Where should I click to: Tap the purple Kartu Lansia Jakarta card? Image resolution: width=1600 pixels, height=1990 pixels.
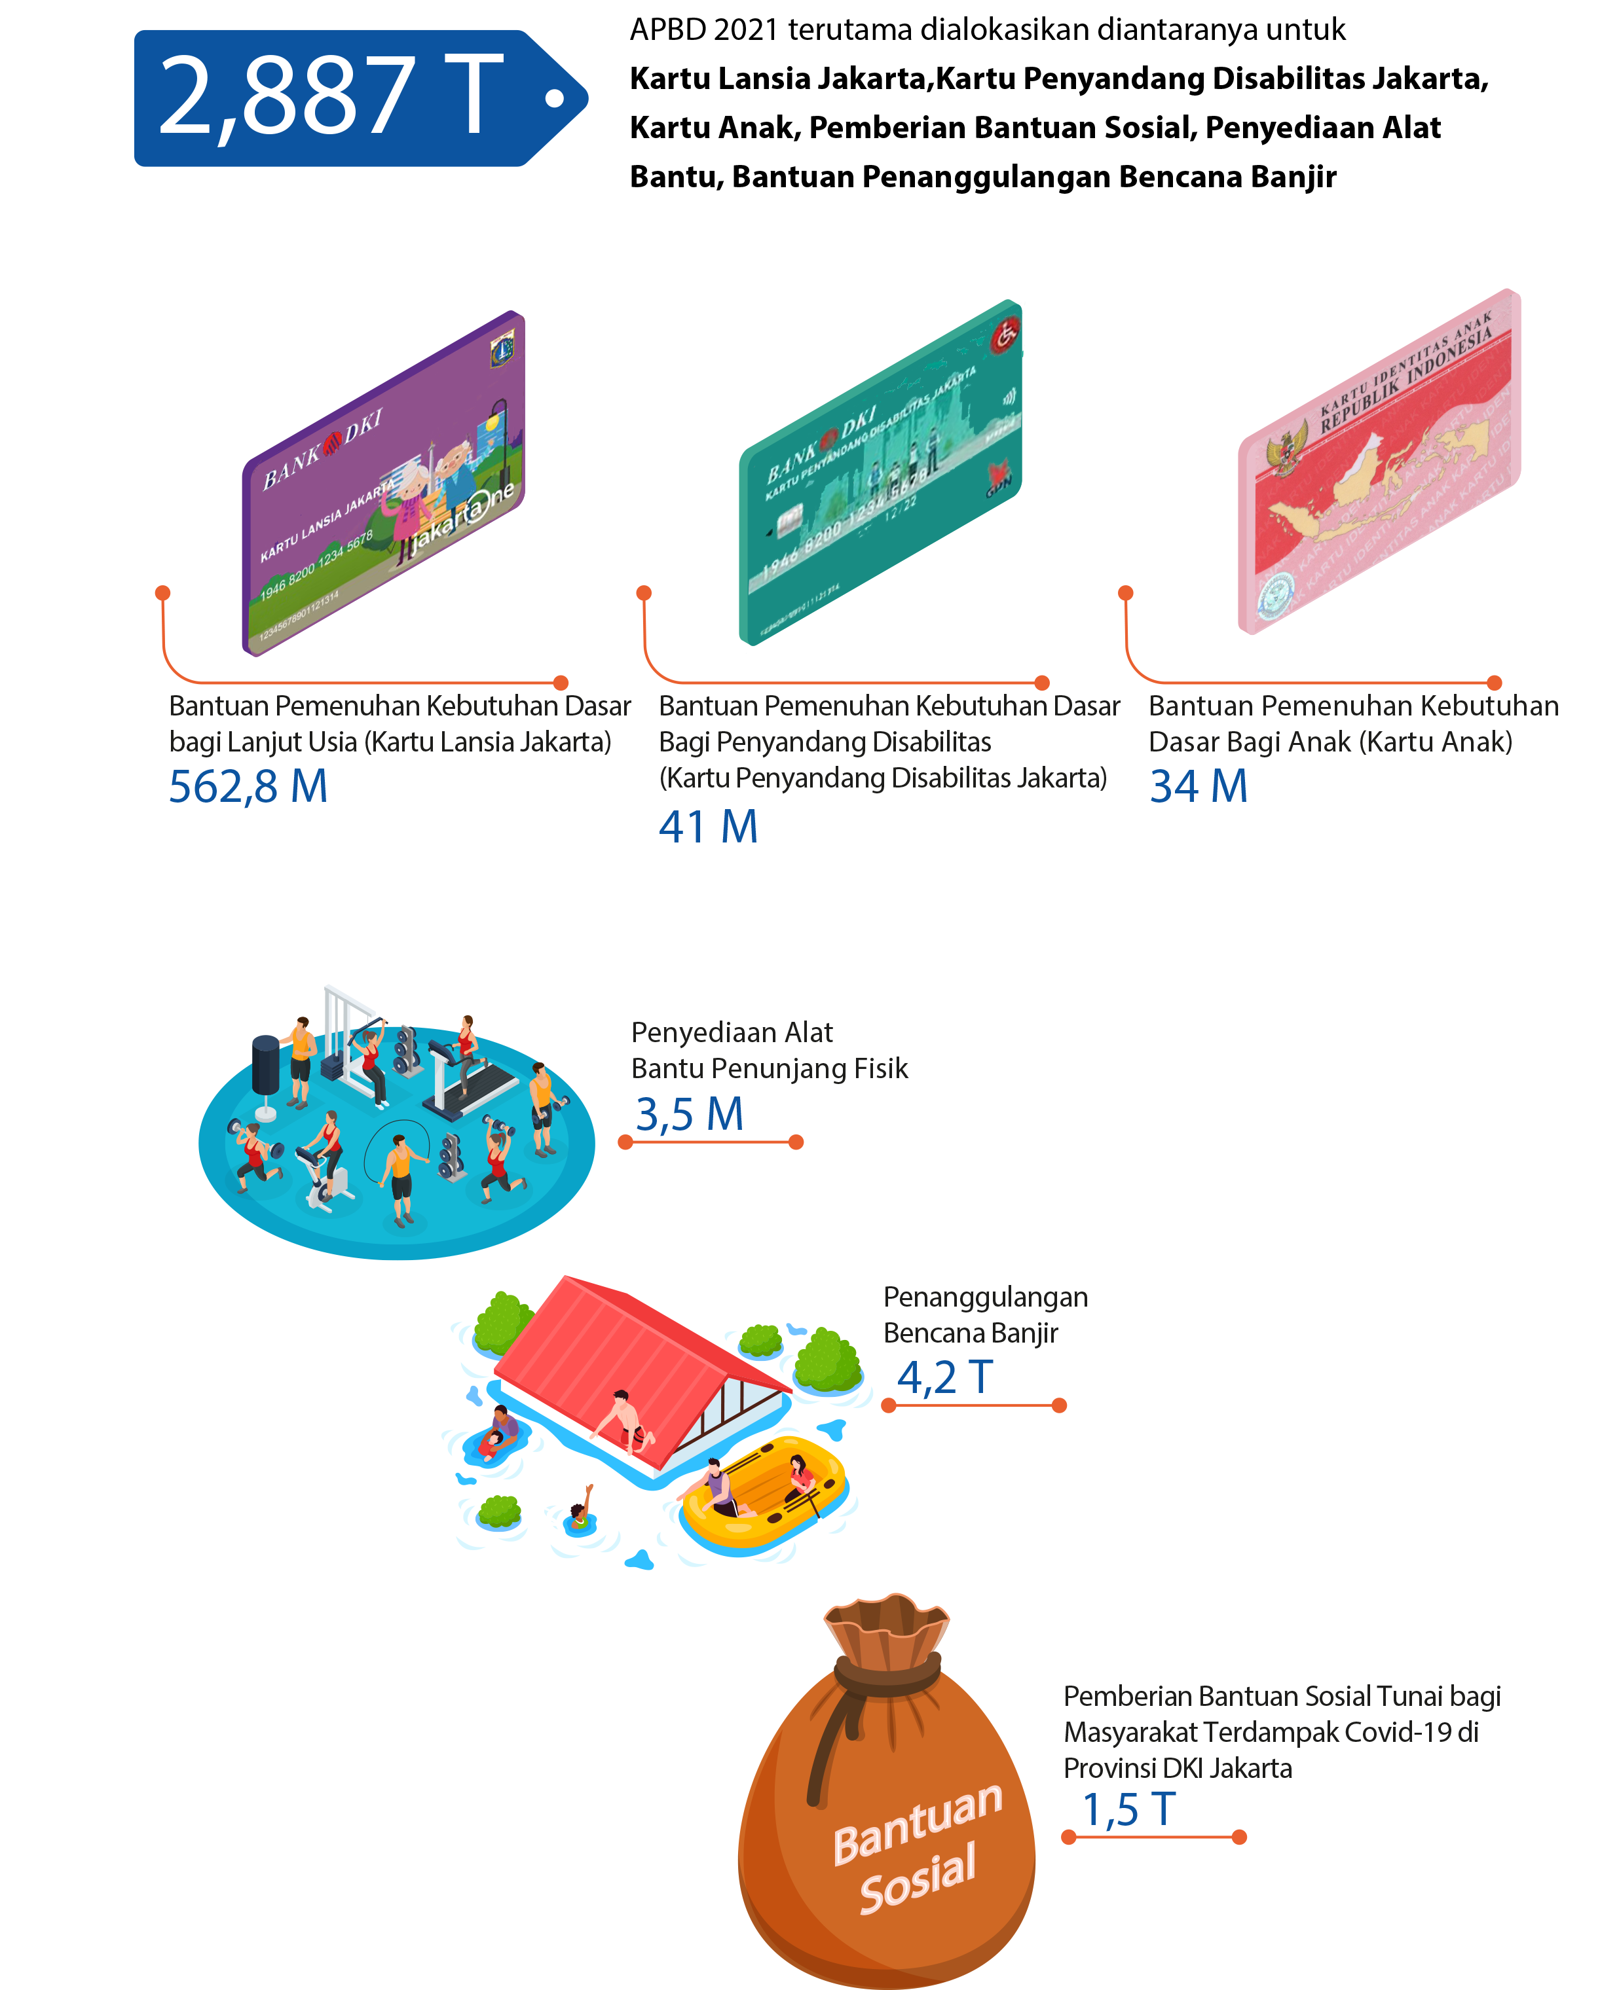click(x=383, y=484)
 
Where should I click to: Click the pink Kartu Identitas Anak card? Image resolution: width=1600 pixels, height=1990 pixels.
click(x=1379, y=461)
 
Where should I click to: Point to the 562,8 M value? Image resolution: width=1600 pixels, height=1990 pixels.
click(x=248, y=787)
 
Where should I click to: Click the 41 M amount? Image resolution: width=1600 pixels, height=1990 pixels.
click(x=708, y=827)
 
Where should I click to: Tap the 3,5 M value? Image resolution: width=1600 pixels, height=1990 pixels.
click(x=689, y=1114)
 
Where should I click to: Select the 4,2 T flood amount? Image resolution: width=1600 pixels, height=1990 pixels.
click(x=944, y=1378)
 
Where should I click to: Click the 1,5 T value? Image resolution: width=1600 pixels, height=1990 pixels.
click(x=1128, y=1810)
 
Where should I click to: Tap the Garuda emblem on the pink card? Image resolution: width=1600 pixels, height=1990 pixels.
click(x=1286, y=450)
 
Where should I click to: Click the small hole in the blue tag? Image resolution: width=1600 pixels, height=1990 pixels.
click(x=554, y=98)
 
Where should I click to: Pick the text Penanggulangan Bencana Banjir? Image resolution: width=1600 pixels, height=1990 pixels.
click(x=984, y=1314)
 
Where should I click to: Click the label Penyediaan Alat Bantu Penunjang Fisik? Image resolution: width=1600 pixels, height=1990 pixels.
click(x=768, y=1051)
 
